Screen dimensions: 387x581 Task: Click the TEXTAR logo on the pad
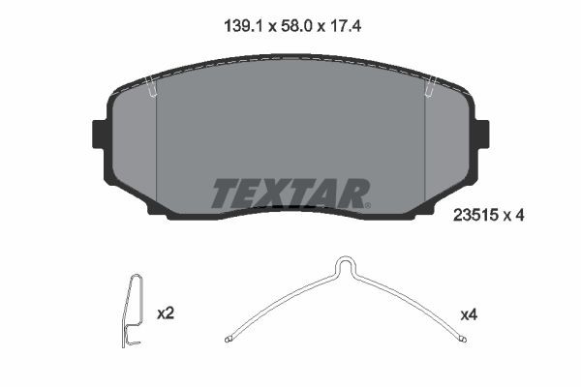(x=290, y=193)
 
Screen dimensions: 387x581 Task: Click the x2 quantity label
(x=165, y=314)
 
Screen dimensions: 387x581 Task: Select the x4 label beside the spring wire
(x=469, y=314)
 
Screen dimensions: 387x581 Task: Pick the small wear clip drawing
(x=133, y=310)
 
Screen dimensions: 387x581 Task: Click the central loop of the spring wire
(x=344, y=266)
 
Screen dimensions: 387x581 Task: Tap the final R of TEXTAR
(x=352, y=193)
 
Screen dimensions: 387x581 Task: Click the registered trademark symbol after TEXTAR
(x=367, y=204)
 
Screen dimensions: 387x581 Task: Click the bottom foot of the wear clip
(x=130, y=342)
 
